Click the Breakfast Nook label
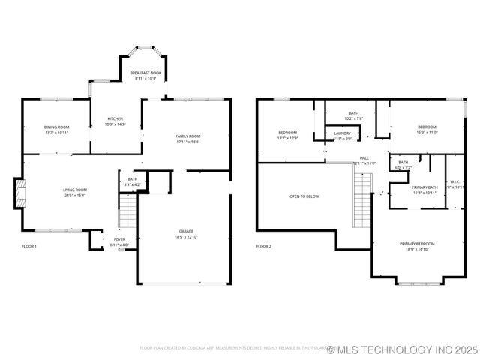(x=145, y=73)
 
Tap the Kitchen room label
(x=115, y=118)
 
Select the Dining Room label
(x=56, y=127)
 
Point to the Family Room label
(x=187, y=136)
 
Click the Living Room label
(x=74, y=190)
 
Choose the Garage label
(x=187, y=231)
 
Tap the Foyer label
(x=120, y=239)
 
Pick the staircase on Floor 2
(x=363, y=199)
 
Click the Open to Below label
(x=304, y=196)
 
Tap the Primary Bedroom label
(x=417, y=244)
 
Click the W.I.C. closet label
(x=456, y=181)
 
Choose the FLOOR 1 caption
(x=29, y=246)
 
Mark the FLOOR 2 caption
(x=263, y=246)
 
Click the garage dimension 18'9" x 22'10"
(x=187, y=236)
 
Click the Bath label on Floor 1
(x=132, y=179)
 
